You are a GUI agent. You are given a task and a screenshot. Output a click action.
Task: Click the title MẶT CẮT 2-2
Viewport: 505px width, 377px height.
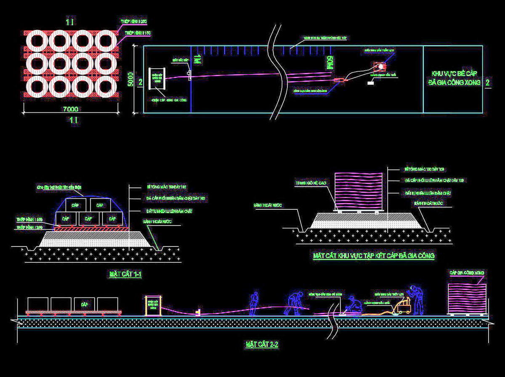[x=262, y=345]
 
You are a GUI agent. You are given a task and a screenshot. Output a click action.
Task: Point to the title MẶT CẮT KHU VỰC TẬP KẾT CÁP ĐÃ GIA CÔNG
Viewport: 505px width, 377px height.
[x=373, y=256]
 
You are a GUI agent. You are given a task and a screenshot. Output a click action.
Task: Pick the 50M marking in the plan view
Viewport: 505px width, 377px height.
[x=330, y=63]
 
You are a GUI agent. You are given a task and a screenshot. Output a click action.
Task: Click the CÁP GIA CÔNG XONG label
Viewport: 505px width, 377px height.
[x=467, y=273]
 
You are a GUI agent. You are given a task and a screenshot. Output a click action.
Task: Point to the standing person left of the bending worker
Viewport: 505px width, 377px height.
[x=253, y=304]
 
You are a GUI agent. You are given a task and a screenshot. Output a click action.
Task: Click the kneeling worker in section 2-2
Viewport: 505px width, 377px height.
[x=350, y=305]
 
